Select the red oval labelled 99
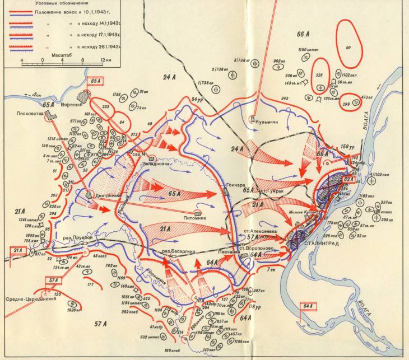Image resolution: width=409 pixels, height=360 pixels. pos(348,46)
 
